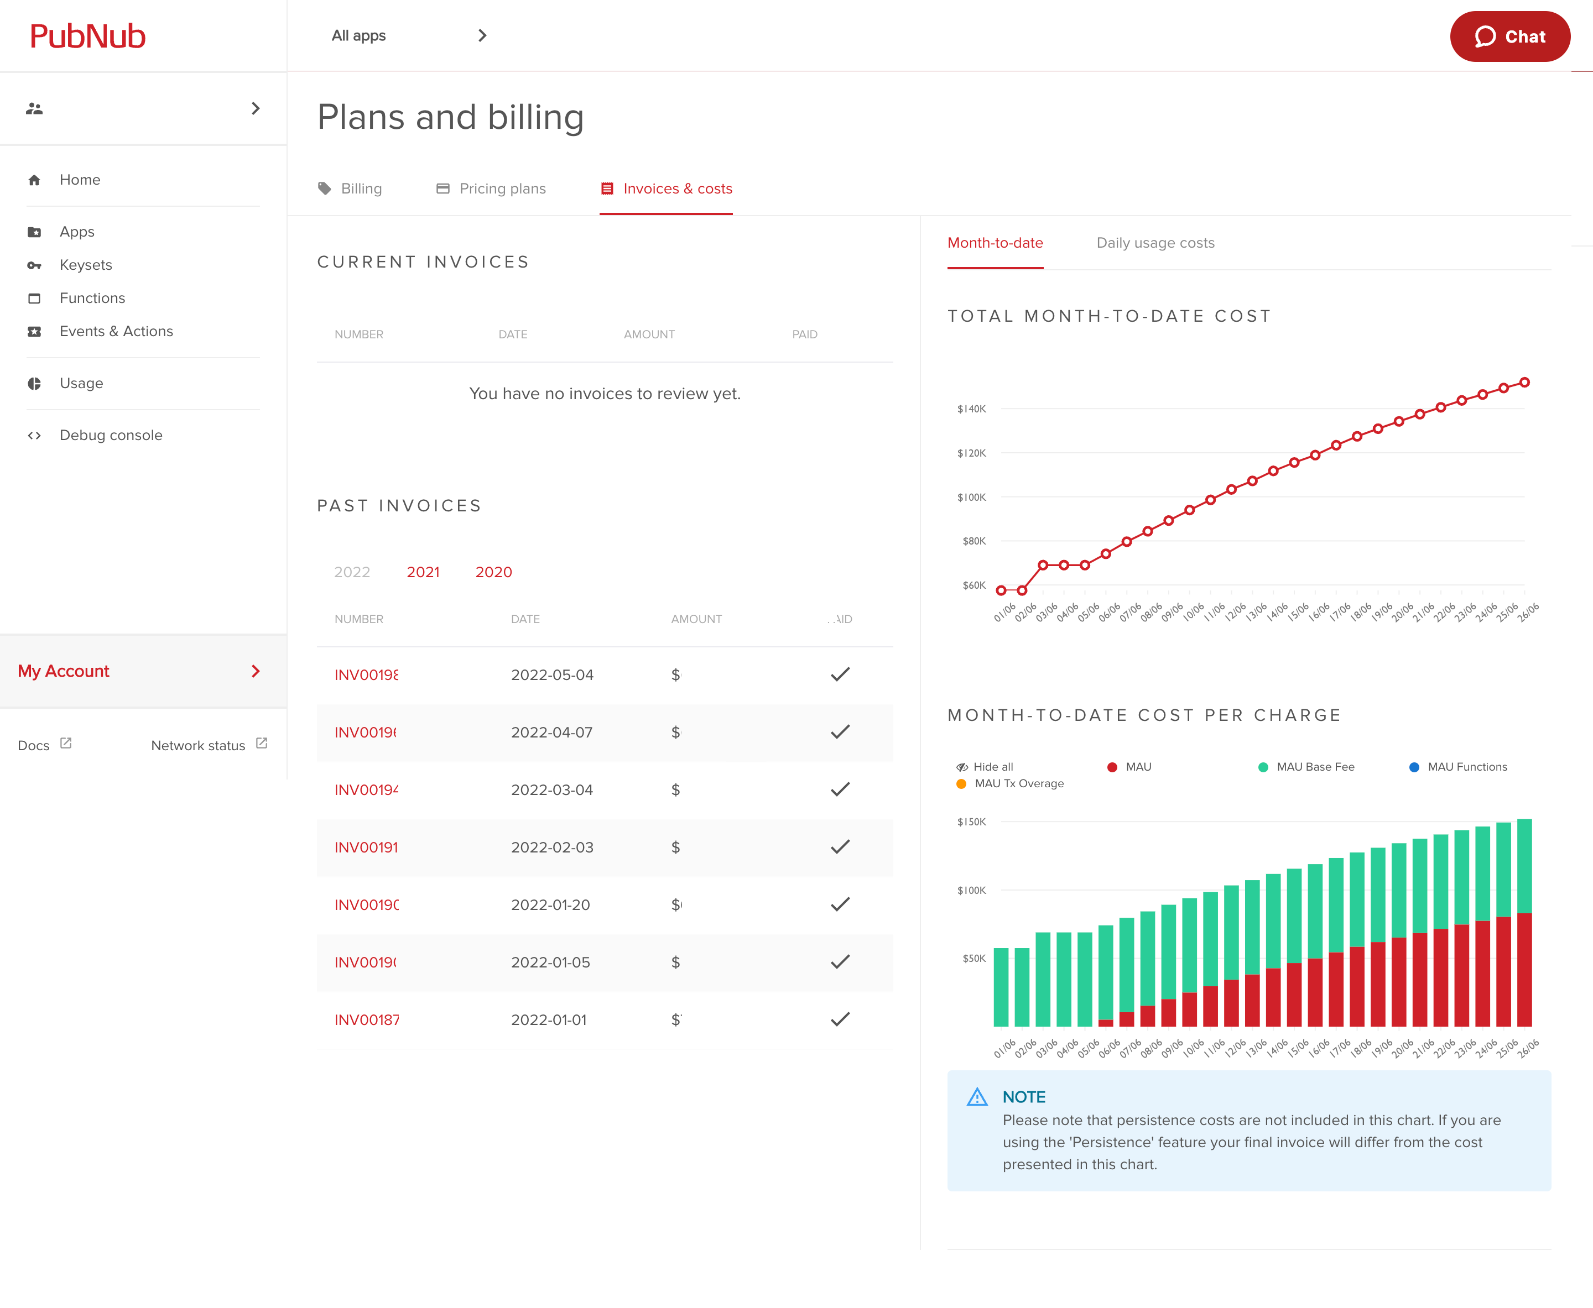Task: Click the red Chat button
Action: (1509, 36)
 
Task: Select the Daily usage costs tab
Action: (1154, 243)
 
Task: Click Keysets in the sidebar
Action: (85, 264)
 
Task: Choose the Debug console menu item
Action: (110, 435)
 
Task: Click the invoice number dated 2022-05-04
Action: (366, 674)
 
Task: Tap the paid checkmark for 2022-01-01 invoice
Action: (840, 1019)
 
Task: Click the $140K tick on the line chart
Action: (971, 409)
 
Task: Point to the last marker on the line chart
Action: (1524, 383)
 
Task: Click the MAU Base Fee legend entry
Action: (1314, 766)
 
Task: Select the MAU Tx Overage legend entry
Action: (1018, 783)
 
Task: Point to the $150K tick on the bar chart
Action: (971, 822)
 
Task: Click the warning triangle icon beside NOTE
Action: (976, 1097)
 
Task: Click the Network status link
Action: (198, 745)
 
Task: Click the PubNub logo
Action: (87, 36)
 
